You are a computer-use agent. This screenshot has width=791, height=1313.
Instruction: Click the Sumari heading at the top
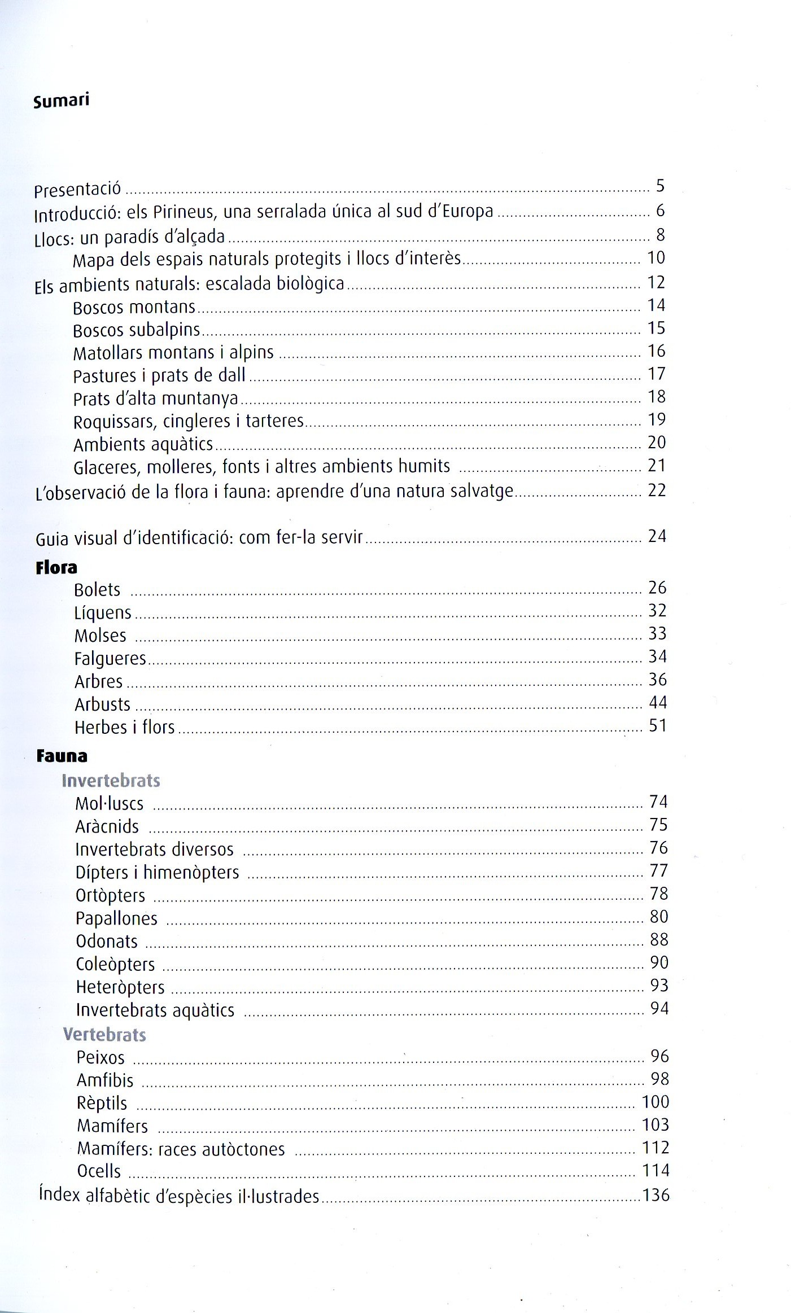point(62,102)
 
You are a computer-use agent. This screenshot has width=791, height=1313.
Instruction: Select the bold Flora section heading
point(56,567)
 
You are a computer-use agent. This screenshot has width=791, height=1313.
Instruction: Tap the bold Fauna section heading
point(62,756)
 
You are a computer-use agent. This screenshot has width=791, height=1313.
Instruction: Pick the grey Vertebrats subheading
point(105,1034)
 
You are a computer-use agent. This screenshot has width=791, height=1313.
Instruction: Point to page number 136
point(655,1194)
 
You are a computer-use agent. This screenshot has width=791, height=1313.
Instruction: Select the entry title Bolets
point(97,590)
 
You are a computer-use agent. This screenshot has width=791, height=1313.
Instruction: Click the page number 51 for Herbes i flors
point(658,725)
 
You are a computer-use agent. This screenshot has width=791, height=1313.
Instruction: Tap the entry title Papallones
point(116,918)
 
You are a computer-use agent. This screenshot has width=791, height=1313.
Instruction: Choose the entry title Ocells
point(99,1171)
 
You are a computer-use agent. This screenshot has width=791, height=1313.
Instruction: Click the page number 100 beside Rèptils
point(655,1101)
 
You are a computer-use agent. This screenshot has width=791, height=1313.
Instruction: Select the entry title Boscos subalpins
point(137,330)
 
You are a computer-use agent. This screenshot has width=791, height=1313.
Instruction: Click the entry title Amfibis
point(105,1080)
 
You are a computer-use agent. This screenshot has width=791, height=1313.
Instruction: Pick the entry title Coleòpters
point(115,964)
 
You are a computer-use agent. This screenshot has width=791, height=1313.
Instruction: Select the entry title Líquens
point(103,613)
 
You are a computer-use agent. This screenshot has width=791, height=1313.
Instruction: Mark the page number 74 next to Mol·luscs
point(658,802)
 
